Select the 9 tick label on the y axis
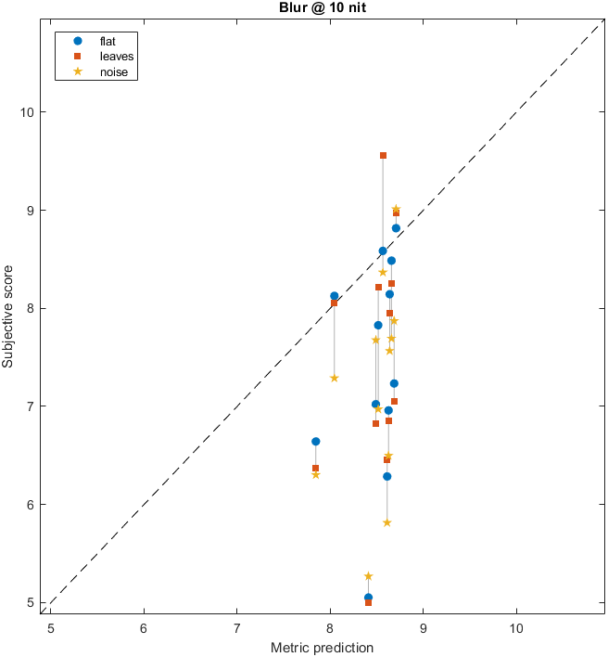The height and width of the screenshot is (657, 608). [31, 210]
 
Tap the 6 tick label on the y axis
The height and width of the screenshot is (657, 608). [31, 504]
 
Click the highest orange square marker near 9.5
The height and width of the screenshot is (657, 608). [383, 155]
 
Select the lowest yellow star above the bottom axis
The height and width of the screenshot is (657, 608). [368, 576]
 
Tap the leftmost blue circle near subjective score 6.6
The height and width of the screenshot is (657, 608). [315, 442]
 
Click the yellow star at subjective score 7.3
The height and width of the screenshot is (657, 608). [334, 378]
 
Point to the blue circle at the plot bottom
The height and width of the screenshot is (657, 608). [368, 598]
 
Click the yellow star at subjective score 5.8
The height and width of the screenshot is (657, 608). [386, 522]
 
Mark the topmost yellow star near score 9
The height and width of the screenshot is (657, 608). [396, 209]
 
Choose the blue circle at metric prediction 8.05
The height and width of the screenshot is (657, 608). [334, 296]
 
